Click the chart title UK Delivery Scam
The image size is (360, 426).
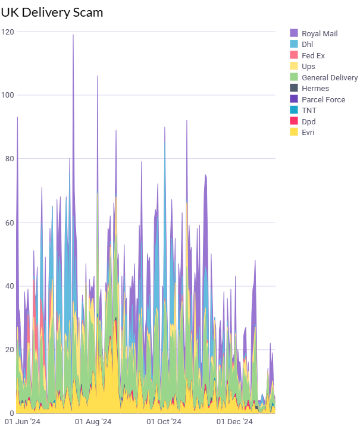(x=52, y=12)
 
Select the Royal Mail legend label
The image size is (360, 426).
(x=319, y=34)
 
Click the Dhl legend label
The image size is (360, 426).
(x=307, y=45)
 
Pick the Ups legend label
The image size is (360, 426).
(x=308, y=67)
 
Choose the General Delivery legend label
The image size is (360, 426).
(x=330, y=77)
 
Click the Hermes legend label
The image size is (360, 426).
(x=315, y=89)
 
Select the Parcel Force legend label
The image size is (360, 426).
(x=323, y=99)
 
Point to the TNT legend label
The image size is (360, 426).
(x=309, y=110)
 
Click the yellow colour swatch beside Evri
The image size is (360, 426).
(x=294, y=132)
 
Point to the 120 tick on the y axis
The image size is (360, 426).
(x=8, y=32)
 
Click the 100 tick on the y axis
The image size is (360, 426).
(x=8, y=95)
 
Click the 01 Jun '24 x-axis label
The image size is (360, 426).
(x=22, y=421)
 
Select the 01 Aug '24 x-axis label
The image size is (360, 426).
(x=94, y=421)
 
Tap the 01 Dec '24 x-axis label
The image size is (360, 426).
(x=234, y=421)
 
